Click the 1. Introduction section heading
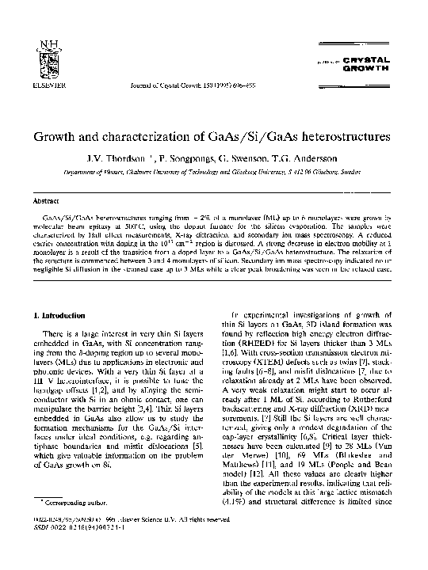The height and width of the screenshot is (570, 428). [x=54, y=316]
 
